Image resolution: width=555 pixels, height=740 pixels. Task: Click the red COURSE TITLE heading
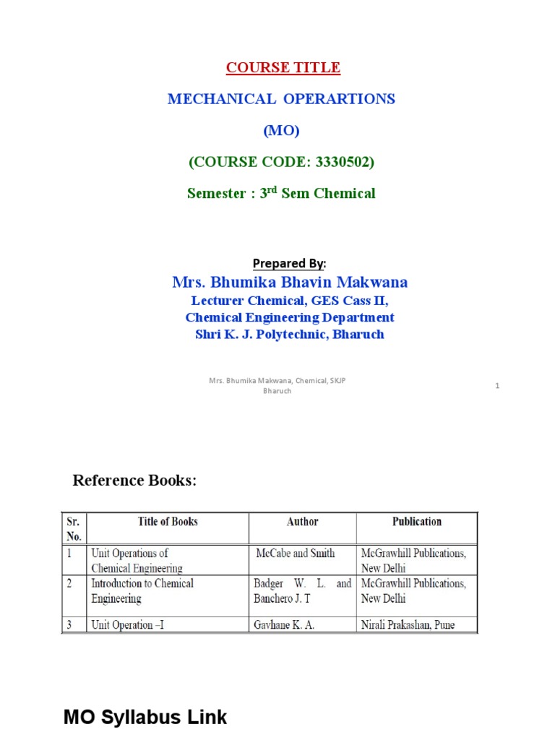[x=283, y=68]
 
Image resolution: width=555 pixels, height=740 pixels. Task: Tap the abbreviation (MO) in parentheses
[x=281, y=131]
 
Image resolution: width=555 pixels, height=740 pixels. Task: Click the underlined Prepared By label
[x=288, y=263]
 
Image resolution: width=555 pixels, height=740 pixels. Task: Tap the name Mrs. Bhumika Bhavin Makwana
[x=290, y=282]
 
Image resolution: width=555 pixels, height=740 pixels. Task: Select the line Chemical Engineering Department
[x=290, y=318]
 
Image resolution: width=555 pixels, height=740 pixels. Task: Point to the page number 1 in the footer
[x=497, y=387]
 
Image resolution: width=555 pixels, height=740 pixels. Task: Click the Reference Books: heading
[x=134, y=481]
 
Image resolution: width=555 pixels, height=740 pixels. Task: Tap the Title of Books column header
[x=168, y=522]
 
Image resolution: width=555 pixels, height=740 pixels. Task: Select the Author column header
[x=302, y=522]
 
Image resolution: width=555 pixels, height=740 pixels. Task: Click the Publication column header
[x=417, y=522]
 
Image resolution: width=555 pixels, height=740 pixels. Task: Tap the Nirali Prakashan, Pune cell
[x=408, y=625]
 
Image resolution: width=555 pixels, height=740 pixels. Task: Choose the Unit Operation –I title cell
[x=127, y=625]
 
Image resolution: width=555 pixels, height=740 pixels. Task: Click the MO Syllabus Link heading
[x=145, y=718]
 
